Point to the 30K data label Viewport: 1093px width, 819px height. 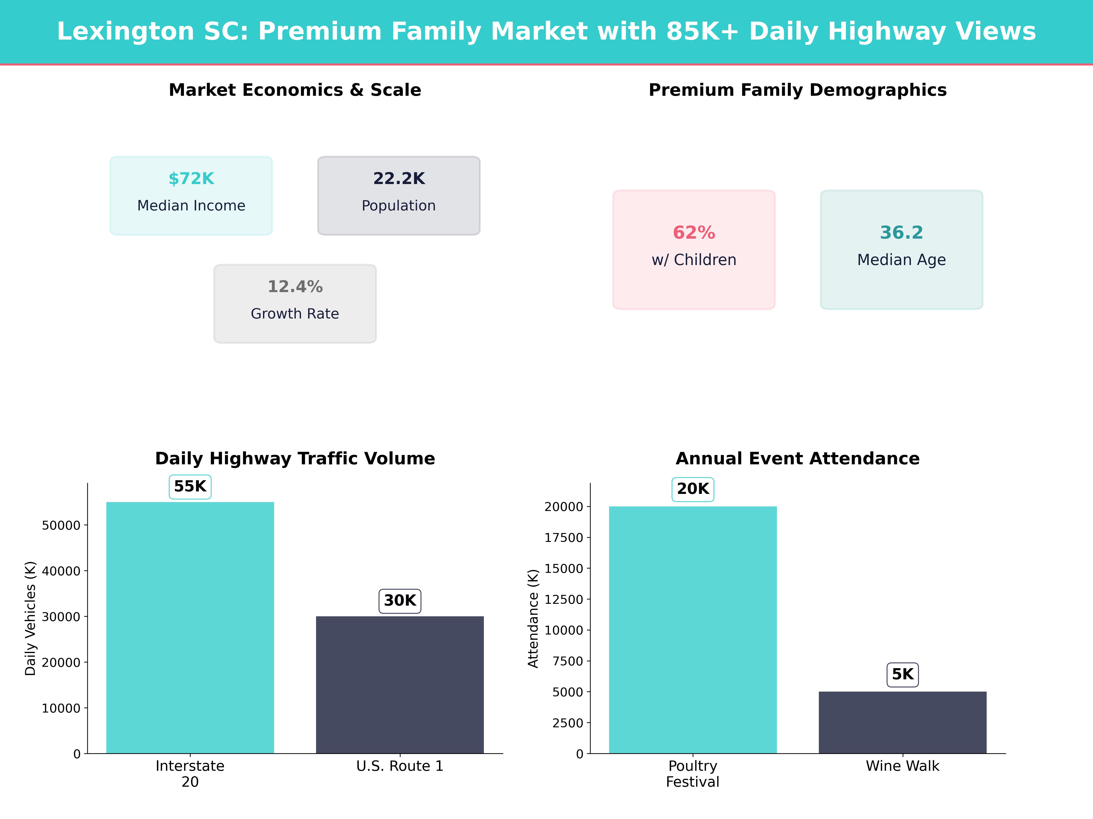tap(400, 601)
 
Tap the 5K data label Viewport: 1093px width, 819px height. tap(902, 674)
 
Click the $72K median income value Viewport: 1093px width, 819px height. tap(191, 179)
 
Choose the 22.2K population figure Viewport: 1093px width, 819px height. tap(399, 179)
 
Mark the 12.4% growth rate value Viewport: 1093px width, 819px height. tap(295, 287)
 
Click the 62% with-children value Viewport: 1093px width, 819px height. tap(694, 233)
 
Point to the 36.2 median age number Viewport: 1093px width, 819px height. tap(901, 233)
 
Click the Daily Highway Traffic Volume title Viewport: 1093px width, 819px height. tap(295, 459)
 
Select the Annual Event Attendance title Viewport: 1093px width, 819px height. tap(797, 459)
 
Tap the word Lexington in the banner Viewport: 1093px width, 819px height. tap(126, 32)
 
